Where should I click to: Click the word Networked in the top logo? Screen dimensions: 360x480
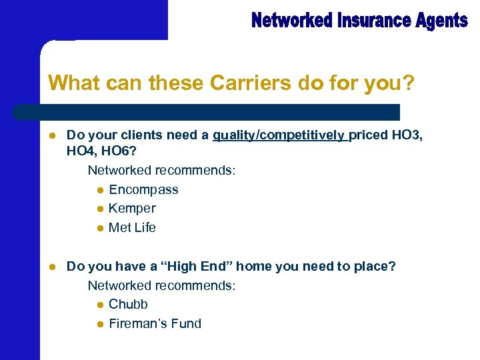(x=292, y=21)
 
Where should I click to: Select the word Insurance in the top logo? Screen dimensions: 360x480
(x=369, y=21)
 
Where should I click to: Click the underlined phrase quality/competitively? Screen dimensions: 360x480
(x=280, y=135)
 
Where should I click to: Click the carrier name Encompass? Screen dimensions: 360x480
(x=143, y=189)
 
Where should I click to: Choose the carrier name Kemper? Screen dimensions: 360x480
(x=132, y=208)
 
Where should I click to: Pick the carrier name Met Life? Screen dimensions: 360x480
(x=132, y=227)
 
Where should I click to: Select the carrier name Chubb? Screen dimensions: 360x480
(x=128, y=304)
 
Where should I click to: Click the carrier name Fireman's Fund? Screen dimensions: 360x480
(x=155, y=323)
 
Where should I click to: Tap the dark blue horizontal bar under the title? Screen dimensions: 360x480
(x=207, y=111)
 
